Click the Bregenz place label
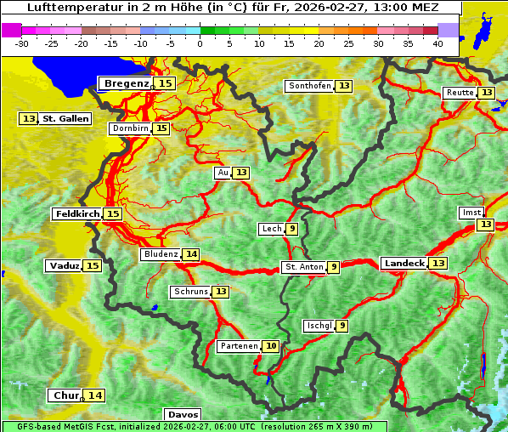tap(127, 83)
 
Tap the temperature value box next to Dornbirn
tap(161, 128)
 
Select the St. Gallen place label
tap(65, 118)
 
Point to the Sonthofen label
tap(309, 86)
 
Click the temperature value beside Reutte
tap(486, 93)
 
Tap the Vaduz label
tap(64, 265)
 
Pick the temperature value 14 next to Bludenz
tap(191, 254)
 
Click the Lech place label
tap(271, 229)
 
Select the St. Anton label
tap(303, 267)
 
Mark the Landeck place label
tap(404, 264)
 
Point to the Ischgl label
tap(319, 326)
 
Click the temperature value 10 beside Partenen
tap(270, 346)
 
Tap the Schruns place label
tap(190, 292)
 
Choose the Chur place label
tap(65, 395)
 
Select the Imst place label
tap(470, 212)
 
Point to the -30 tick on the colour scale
tap(22, 43)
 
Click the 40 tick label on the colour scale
tap(437, 43)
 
